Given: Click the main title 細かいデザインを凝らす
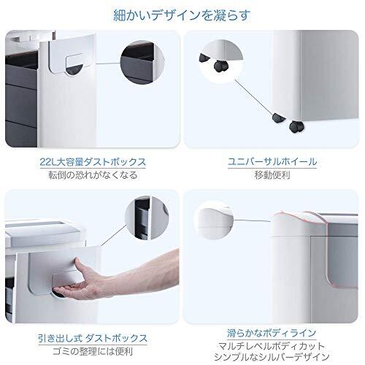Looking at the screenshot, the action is click(182, 15).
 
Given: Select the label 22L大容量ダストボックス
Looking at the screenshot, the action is click(93, 162).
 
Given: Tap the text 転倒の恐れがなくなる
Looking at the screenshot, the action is click(93, 175).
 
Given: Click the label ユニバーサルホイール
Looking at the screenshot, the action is click(272, 162).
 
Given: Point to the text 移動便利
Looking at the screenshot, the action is click(272, 175).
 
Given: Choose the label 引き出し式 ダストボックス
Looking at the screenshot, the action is click(93, 338).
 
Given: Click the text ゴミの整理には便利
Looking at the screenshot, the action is click(93, 351).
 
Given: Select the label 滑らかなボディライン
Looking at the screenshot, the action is click(272, 333).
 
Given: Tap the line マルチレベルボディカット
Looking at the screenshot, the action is click(272, 346).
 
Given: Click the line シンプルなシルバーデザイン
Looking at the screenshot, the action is click(272, 357).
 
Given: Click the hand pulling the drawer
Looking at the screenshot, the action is click(117, 275).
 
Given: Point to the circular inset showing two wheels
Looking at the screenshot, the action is click(221, 61).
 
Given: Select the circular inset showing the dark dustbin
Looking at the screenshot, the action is click(142, 63).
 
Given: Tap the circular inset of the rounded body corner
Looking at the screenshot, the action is click(214, 220).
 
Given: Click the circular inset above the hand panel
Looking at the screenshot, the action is click(147, 218).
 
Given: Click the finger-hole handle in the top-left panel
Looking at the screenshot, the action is click(75, 64).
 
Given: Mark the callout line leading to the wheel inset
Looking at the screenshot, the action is click(253, 96).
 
